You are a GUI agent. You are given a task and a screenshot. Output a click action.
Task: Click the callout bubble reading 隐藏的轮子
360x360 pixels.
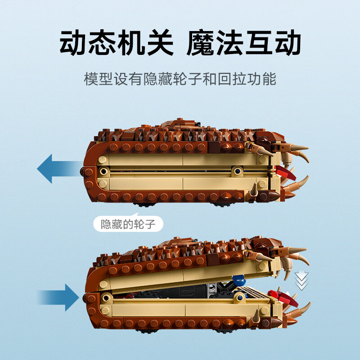[x=128, y=224]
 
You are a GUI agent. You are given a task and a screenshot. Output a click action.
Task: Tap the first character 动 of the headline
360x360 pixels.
[x=74, y=42]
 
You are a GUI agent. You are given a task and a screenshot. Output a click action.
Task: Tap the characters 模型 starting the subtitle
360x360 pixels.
[x=98, y=79]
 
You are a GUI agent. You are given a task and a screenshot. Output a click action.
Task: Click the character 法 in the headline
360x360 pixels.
[x=229, y=42]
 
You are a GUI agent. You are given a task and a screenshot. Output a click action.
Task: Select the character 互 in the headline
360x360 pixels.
[x=259, y=42]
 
